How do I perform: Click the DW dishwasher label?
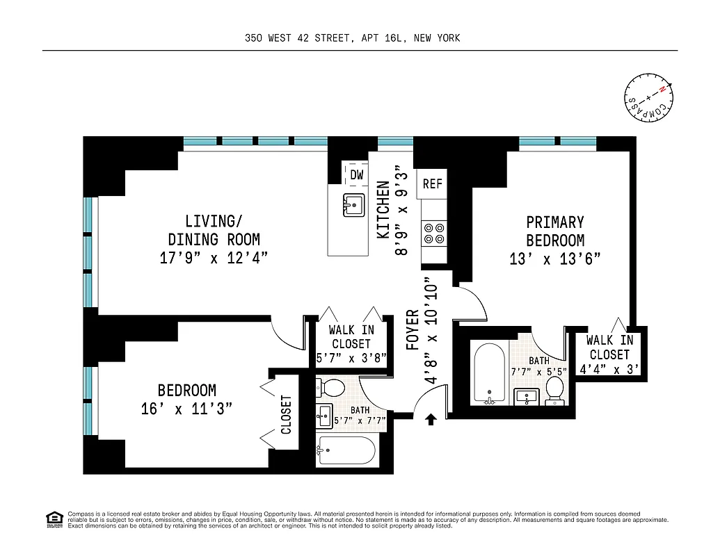point(356,174)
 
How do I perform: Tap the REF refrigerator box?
point(433,184)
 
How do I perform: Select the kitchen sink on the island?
point(353,206)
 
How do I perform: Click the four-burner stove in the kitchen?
point(435,233)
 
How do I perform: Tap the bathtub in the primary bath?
point(489,373)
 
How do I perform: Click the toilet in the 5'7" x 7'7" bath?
point(333,388)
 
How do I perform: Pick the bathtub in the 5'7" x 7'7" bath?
point(346,451)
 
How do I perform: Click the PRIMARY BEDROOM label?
point(554,231)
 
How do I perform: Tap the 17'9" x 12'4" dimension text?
point(214,258)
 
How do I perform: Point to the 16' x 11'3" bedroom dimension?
point(186,409)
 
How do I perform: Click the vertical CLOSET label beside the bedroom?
point(286,414)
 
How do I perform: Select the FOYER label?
point(412,329)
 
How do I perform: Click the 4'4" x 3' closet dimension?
point(609,369)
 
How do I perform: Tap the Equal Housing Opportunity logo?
point(54,518)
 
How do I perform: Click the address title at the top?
point(352,38)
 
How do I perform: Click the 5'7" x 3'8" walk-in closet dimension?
point(351,359)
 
